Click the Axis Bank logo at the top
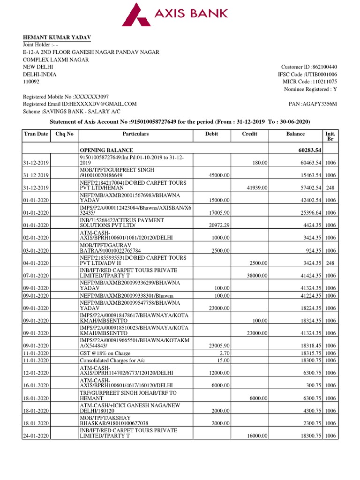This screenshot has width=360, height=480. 175,14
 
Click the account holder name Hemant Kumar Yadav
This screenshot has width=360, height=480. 57,37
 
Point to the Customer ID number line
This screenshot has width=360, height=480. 309,67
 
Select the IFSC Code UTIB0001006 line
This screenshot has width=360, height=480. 307,75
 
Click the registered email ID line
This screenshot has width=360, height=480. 80,104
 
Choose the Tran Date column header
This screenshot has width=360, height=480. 36,134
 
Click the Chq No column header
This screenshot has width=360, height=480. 64,134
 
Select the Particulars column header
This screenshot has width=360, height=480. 135,134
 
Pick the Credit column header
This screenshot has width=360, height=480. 249,134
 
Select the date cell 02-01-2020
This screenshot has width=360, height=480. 36,238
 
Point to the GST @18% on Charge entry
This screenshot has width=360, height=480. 105,353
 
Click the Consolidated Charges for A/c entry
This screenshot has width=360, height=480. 112,360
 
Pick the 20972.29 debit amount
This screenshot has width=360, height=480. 218,225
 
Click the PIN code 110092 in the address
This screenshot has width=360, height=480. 32,82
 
